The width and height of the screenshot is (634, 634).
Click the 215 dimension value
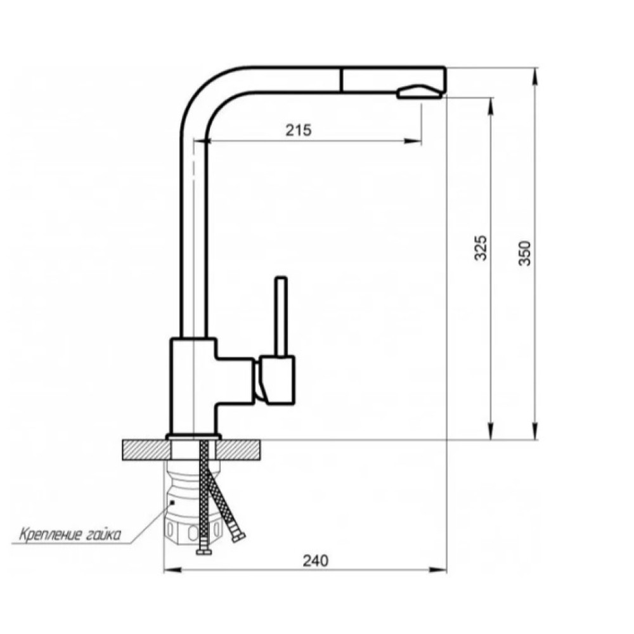click(x=299, y=130)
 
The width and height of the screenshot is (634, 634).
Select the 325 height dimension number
click(x=481, y=247)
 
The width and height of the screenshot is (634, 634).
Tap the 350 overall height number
click(x=525, y=253)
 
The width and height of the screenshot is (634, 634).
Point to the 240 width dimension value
click(x=316, y=560)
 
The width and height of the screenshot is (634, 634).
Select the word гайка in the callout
click(x=103, y=535)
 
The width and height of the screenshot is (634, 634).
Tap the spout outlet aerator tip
click(x=419, y=92)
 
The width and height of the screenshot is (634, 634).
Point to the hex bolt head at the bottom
click(x=205, y=552)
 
